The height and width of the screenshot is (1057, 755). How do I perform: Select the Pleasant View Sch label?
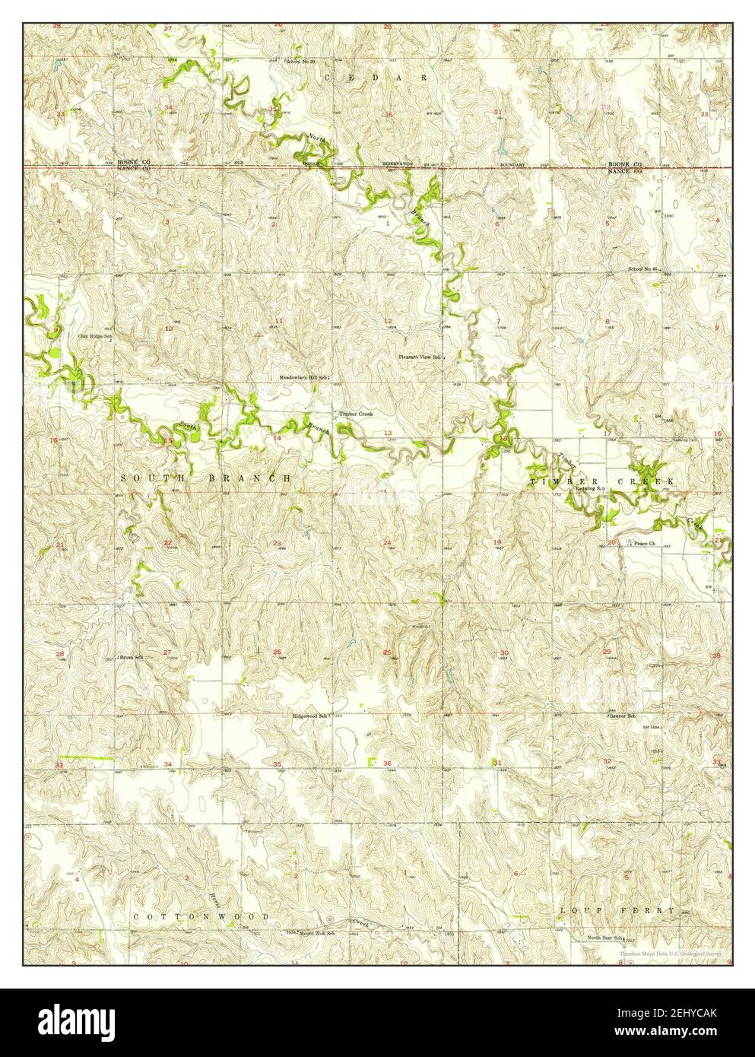click(x=420, y=356)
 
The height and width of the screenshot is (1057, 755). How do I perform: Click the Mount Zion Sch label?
click(x=319, y=932)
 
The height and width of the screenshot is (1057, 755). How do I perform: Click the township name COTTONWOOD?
click(x=201, y=917)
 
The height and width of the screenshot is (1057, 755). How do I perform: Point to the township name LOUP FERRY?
click(x=617, y=910)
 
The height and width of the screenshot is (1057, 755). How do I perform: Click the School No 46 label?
click(x=646, y=269)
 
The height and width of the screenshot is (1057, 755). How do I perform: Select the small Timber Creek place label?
click(x=355, y=414)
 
